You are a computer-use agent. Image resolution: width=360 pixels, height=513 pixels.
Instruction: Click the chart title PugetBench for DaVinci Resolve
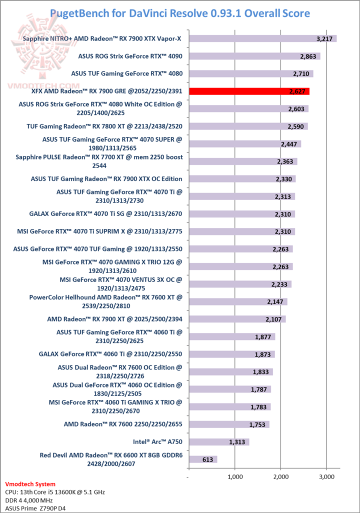pos(180,12)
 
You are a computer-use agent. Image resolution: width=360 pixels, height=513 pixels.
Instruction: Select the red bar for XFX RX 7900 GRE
pos(249,91)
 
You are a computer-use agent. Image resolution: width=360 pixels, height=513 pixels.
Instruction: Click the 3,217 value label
pos(324,38)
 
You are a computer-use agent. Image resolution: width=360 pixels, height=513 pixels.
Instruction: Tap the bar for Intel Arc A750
pos(218,442)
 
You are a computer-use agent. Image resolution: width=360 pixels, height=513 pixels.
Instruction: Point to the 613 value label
pos(209,459)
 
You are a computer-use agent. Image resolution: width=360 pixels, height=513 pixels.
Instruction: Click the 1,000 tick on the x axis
pos(234,476)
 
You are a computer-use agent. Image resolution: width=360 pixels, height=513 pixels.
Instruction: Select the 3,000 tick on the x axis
pos(326,476)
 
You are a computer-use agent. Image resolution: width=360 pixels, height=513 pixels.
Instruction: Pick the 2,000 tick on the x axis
pos(280,476)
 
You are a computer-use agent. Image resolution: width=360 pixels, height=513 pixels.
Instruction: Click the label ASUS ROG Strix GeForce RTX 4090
pos(130,56)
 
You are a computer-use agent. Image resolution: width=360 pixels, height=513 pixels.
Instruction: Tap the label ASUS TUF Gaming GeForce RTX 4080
pos(126,73)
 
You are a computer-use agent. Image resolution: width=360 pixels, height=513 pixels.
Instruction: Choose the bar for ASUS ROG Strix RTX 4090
pos(254,56)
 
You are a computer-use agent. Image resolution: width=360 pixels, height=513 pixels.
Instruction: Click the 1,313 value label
pos(237,442)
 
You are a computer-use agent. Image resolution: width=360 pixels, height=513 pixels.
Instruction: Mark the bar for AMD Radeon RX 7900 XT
pos(236,319)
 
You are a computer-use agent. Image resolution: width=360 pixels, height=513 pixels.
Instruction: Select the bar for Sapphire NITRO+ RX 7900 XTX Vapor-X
pos(262,38)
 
